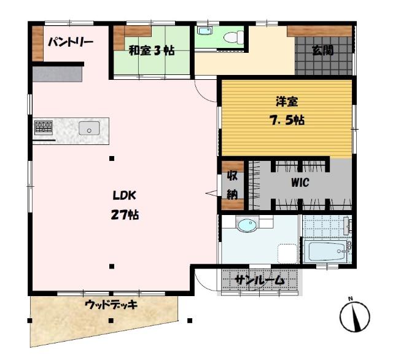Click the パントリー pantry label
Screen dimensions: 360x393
point(71,42)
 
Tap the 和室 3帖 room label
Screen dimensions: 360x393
point(151,51)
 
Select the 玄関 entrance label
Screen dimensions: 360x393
point(322,50)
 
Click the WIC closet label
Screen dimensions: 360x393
point(300,182)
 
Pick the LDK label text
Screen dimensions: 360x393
point(123,196)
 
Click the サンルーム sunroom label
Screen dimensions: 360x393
point(260,281)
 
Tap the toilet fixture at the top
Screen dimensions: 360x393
point(232,37)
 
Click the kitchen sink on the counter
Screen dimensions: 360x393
point(89,128)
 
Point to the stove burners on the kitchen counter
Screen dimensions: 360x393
point(44,127)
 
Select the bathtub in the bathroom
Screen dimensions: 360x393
point(326,252)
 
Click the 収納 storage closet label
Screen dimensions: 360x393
point(233,185)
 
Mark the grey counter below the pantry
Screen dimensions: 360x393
point(56,74)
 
